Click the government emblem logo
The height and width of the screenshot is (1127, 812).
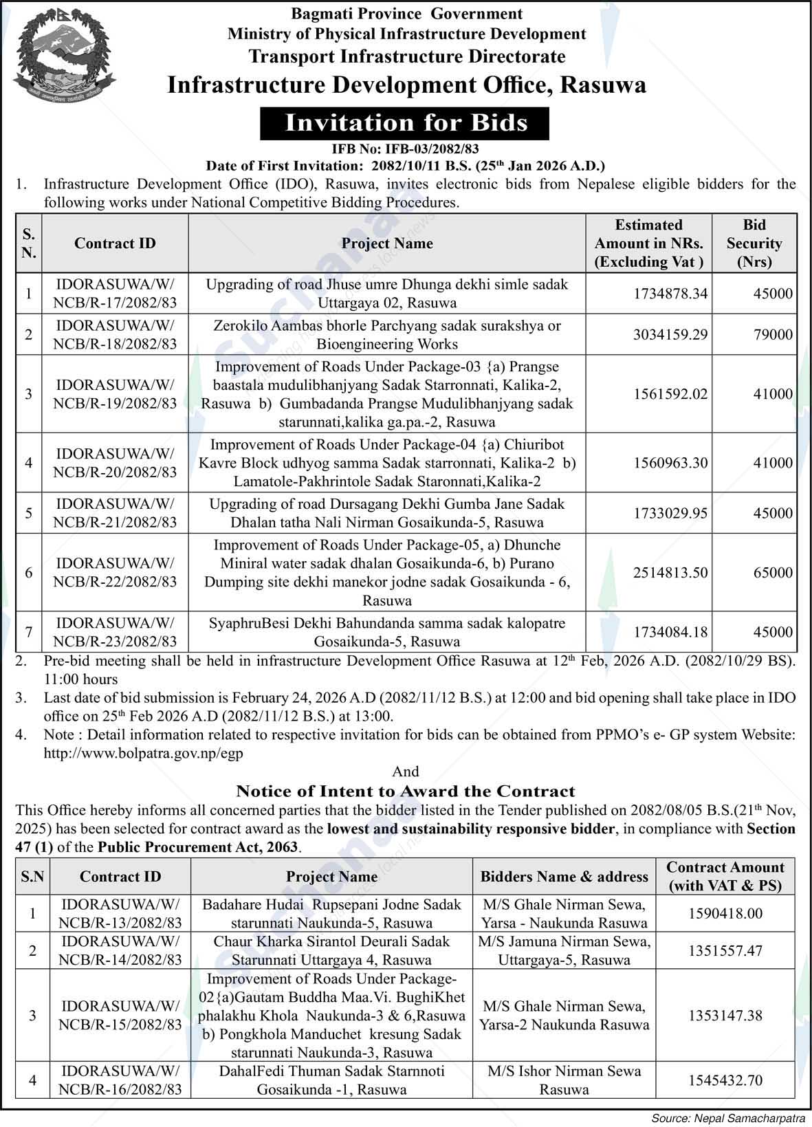[64, 53]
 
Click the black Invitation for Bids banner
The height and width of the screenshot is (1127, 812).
[406, 123]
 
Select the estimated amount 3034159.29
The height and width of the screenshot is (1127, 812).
[670, 335]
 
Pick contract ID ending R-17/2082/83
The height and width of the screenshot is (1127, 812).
[115, 294]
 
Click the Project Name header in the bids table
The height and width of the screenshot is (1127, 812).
[387, 243]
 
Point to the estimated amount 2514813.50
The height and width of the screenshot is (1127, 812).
[670, 573]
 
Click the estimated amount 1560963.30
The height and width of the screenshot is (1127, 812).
[670, 463]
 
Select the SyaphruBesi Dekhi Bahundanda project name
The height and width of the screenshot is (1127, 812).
[387, 633]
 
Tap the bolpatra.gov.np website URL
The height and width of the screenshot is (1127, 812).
[143, 753]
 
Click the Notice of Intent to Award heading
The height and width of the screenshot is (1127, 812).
[406, 791]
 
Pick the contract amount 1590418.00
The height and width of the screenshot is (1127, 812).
[725, 914]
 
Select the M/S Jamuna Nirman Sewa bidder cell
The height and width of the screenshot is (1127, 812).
[564, 951]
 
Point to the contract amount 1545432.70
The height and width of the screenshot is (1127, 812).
[725, 1080]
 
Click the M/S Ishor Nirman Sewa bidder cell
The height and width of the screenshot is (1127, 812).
[564, 1080]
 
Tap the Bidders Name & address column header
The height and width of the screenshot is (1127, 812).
[564, 877]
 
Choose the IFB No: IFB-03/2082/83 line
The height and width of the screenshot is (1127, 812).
[406, 148]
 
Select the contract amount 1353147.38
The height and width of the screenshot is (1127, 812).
[725, 1016]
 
